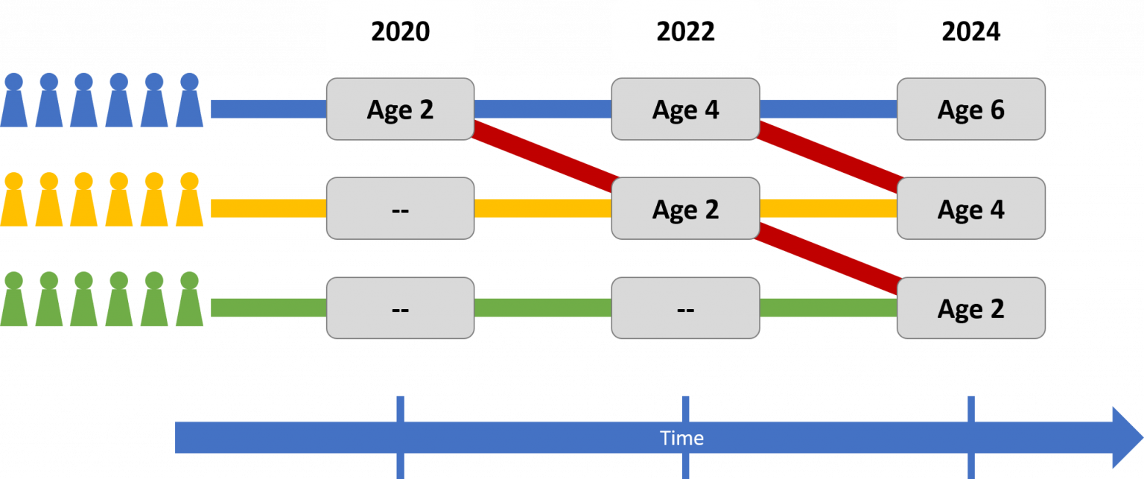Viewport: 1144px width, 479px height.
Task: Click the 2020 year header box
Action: [400, 31]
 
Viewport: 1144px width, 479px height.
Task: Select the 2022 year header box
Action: [685, 31]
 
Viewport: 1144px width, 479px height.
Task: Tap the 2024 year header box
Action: [970, 31]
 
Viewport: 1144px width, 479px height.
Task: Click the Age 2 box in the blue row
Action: [400, 110]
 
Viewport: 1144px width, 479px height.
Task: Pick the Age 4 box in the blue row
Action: [685, 110]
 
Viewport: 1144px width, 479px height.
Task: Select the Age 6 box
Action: [970, 110]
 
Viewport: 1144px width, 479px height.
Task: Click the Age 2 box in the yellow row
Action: [685, 209]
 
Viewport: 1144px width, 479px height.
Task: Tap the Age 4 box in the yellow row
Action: [970, 209]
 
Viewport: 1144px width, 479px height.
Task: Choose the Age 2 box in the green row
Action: [970, 308]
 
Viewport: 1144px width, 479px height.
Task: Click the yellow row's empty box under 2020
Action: [400, 209]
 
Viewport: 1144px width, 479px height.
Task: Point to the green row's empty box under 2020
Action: [400, 308]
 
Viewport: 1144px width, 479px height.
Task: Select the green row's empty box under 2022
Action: [685, 308]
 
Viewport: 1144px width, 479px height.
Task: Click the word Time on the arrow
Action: [681, 438]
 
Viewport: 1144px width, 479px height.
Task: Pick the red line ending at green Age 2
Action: [828, 258]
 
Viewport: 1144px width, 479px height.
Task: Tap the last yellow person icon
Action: [189, 202]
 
